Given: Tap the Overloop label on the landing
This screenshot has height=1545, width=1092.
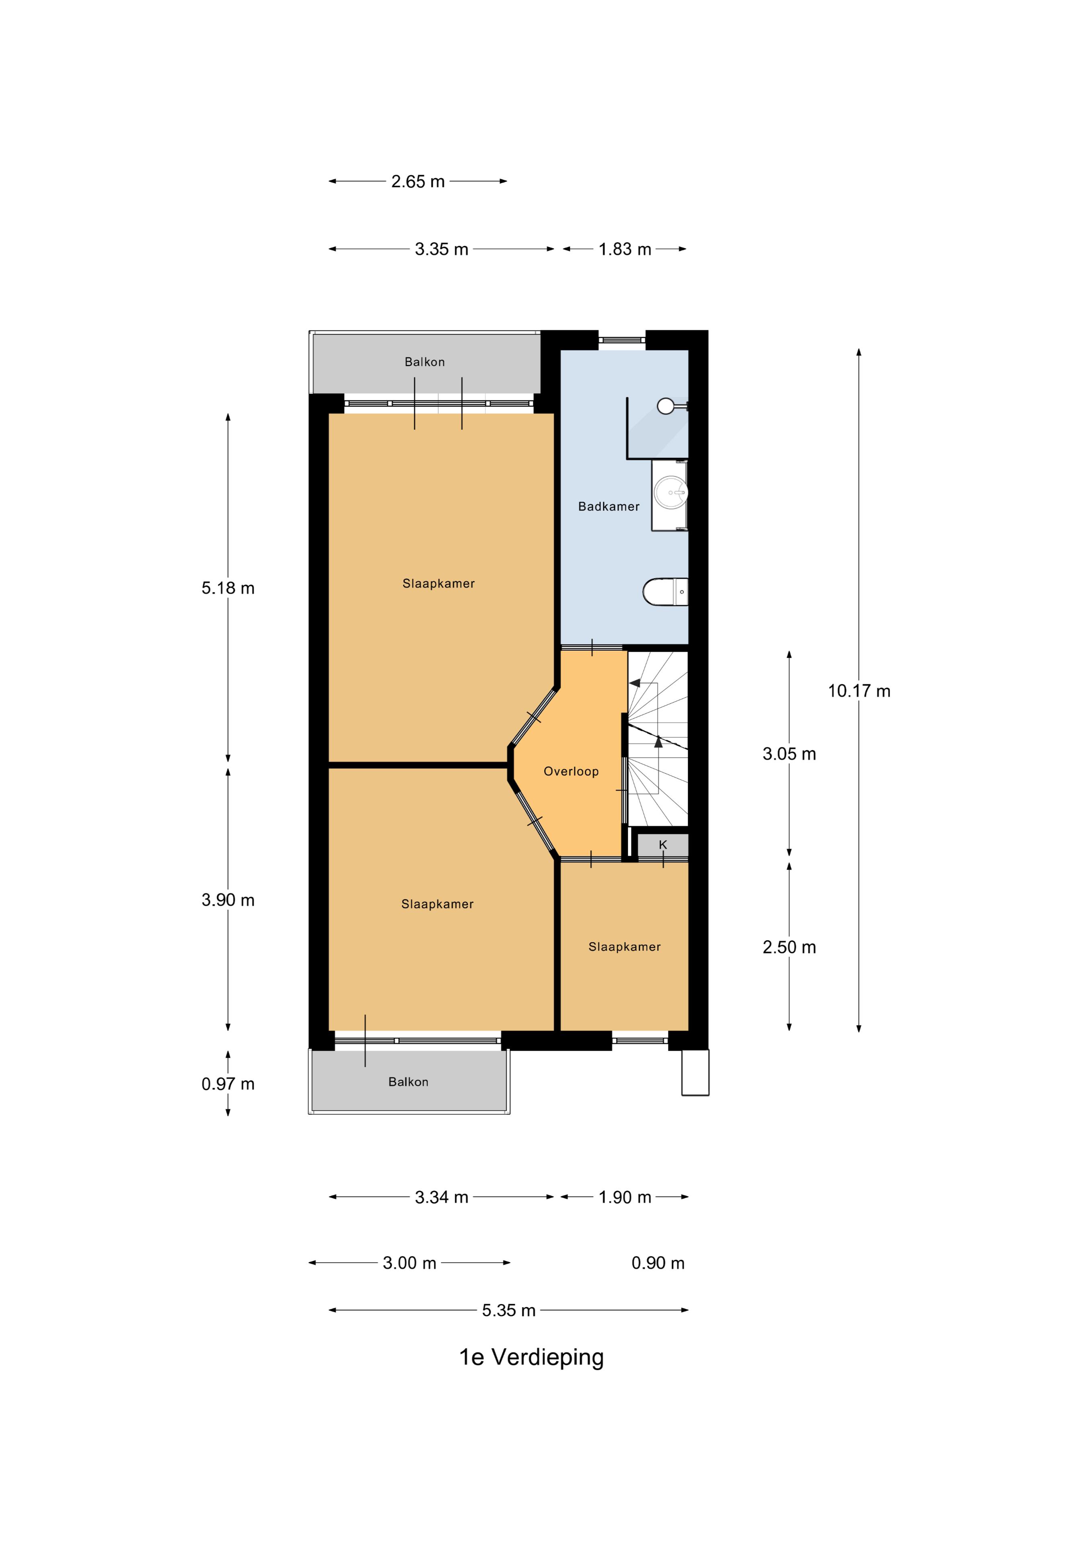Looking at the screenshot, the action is (571, 771).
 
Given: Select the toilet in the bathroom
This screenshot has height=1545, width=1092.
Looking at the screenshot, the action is (665, 591).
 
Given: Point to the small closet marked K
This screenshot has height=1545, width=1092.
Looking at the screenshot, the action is (663, 845).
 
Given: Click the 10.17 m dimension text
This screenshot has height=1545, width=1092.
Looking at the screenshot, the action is (859, 691).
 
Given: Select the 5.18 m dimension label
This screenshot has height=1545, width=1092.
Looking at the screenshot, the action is (228, 588).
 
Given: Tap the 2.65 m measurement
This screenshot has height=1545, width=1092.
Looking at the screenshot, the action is (418, 182).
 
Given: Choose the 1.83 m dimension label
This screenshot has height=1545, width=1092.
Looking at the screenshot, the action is (625, 249).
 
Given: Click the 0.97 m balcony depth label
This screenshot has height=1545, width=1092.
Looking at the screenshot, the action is (228, 1084).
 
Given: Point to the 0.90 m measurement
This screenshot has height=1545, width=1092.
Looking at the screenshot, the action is (658, 1263).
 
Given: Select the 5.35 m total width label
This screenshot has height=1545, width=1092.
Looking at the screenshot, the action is (509, 1310).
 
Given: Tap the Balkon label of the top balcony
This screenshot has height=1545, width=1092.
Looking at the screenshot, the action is (425, 362).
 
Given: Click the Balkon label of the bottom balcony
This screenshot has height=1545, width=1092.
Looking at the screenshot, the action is (408, 1082).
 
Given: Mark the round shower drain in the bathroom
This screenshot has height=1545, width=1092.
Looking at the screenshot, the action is (665, 406).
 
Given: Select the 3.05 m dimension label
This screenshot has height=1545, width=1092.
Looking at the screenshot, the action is (789, 754).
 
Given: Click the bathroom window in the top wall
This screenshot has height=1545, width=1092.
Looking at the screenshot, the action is (622, 340).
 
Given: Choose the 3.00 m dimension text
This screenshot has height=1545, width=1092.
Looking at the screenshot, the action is (410, 1263).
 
